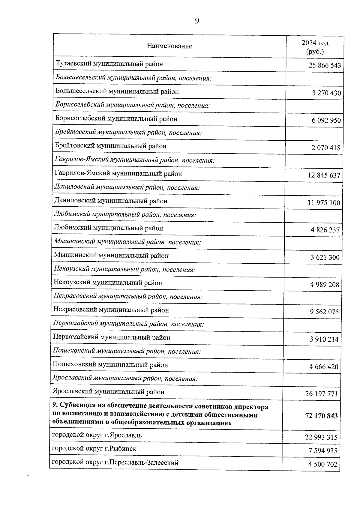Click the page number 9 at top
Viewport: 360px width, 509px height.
click(197, 20)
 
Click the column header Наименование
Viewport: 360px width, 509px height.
click(169, 46)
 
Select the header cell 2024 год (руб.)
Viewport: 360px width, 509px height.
click(315, 47)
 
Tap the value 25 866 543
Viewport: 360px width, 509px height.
click(325, 65)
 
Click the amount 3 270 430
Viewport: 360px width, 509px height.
click(326, 93)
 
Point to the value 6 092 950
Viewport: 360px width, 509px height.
click(326, 120)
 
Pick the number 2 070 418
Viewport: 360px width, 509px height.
click(326, 148)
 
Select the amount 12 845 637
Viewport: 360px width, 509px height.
click(324, 175)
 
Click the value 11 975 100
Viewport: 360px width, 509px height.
click(324, 203)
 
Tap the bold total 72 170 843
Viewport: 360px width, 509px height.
click(321, 416)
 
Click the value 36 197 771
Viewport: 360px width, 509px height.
click(321, 394)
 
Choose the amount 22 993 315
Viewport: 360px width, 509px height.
click(321, 437)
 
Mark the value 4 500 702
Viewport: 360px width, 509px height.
click(322, 465)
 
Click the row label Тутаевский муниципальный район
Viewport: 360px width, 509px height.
click(109, 64)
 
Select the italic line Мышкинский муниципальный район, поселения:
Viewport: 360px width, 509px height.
click(127, 242)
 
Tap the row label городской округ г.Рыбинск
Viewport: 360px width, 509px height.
click(94, 449)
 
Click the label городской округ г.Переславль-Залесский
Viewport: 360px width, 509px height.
click(115, 463)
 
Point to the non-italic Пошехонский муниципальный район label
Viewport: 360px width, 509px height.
click(110, 365)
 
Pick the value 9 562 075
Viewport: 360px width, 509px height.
click(324, 312)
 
